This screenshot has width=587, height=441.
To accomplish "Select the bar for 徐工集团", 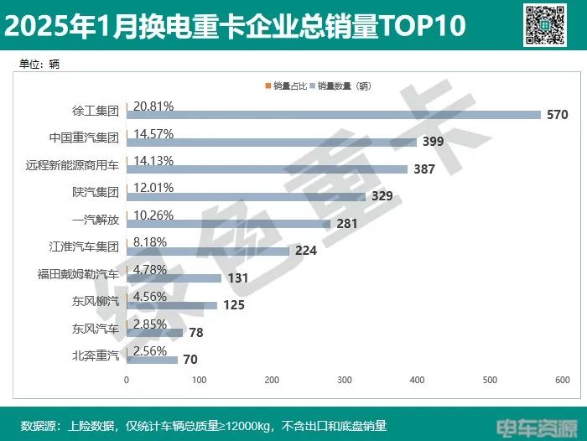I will pos(334,115).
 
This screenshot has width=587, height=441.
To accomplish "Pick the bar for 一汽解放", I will pos(228,224).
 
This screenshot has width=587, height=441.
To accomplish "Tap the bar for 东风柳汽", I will pos(172,305).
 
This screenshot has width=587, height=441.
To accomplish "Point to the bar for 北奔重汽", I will pos(153,360).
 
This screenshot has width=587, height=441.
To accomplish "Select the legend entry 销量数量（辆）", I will pos(344,86).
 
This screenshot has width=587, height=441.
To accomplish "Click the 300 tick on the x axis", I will pos(345,381).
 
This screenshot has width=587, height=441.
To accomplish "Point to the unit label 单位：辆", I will pos(39,64).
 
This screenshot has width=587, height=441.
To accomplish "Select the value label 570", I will pos(558,115).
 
